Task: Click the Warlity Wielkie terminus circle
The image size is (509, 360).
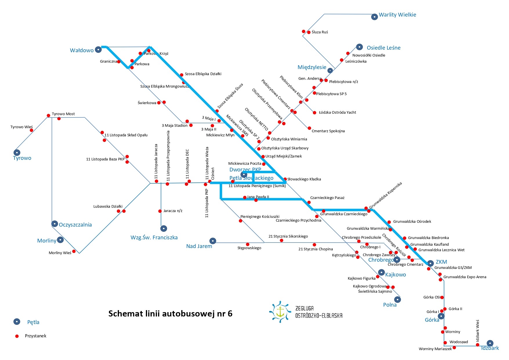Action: click(x=374, y=17)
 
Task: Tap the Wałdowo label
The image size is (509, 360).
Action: click(x=81, y=50)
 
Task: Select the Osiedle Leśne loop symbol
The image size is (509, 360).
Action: click(x=359, y=47)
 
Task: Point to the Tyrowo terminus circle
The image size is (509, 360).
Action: click(x=17, y=153)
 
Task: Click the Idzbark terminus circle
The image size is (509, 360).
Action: click(x=490, y=343)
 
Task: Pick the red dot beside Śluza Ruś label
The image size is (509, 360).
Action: click(x=309, y=32)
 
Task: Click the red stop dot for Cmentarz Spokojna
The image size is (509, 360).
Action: click(x=309, y=128)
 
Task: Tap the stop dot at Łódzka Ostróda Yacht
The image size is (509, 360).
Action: click(x=315, y=113)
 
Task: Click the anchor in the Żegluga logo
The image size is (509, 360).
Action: click(x=280, y=312)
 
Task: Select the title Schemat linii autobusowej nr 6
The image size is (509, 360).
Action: click(x=170, y=314)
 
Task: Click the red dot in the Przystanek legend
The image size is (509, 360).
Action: click(x=17, y=336)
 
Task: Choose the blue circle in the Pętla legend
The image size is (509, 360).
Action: click(x=17, y=321)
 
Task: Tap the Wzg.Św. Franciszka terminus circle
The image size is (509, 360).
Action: click(x=164, y=229)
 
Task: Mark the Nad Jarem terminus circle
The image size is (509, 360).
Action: click(x=213, y=241)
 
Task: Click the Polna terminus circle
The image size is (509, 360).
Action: click(x=397, y=299)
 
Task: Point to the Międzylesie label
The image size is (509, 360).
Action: click(x=312, y=67)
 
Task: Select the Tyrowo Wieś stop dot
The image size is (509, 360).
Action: click(x=31, y=130)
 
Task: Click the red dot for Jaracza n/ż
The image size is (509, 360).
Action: click(x=160, y=211)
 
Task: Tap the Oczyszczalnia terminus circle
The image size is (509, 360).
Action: click(x=55, y=224)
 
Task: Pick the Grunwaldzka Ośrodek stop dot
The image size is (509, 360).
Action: click(x=389, y=222)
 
